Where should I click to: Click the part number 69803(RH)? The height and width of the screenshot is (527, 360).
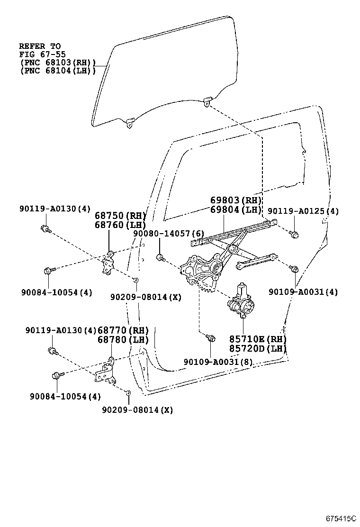[236, 200]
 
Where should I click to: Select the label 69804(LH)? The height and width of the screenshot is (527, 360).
[236, 210]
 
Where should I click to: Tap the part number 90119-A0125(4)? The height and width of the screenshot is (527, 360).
[303, 211]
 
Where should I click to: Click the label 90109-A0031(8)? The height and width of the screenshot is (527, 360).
[218, 362]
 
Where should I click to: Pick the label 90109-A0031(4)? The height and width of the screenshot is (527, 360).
[303, 292]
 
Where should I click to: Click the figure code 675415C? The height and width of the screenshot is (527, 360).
[340, 518]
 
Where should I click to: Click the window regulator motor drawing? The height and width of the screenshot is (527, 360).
[241, 301]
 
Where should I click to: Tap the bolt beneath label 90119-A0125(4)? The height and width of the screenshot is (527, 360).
[294, 234]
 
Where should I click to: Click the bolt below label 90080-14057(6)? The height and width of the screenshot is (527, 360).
[161, 258]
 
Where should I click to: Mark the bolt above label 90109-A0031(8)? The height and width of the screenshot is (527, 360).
[211, 338]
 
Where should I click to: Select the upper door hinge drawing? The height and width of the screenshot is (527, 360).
[108, 263]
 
